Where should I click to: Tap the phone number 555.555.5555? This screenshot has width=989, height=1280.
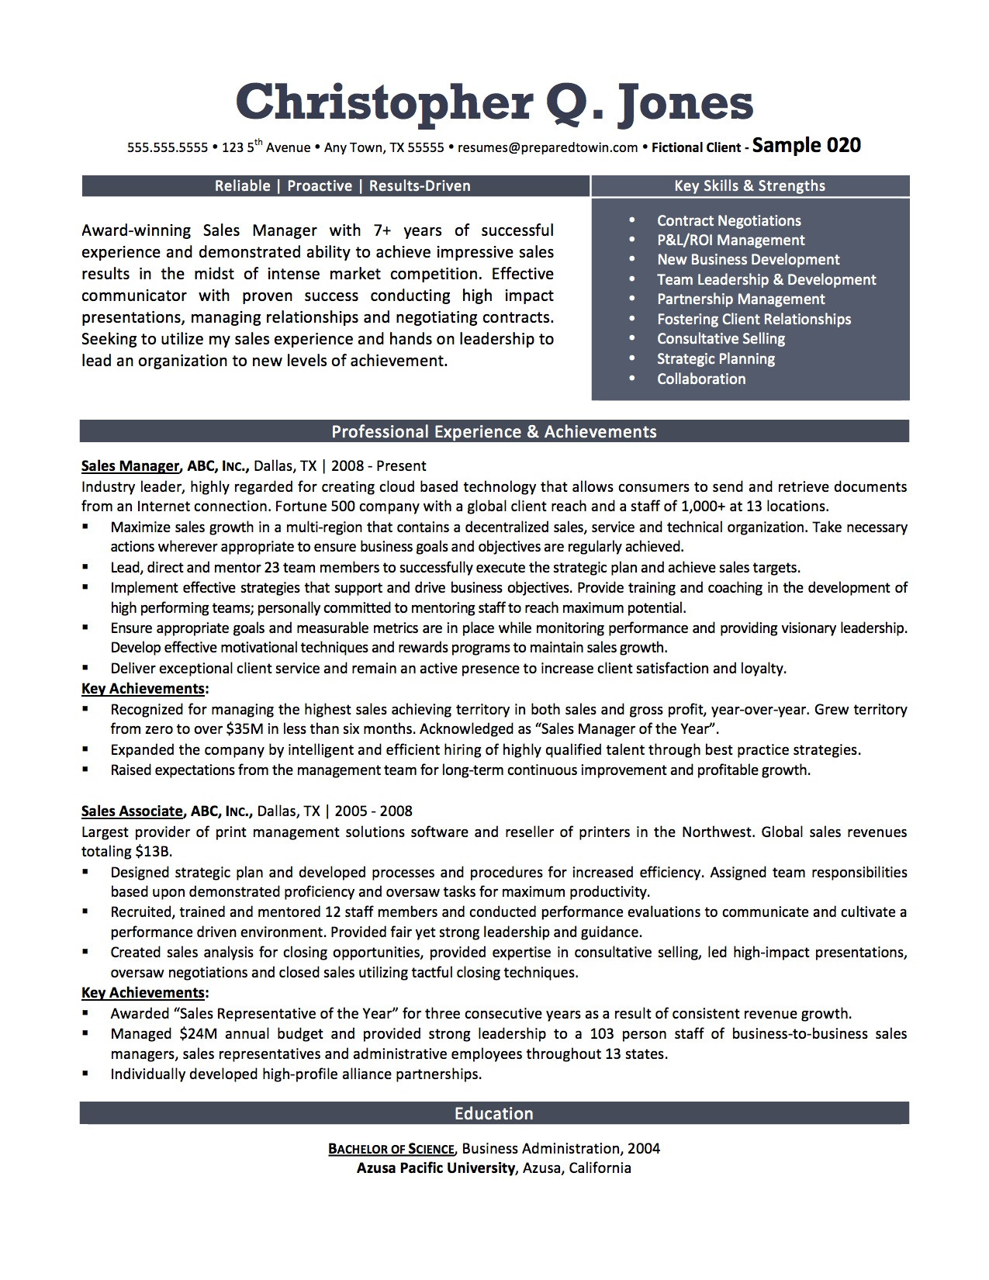(168, 147)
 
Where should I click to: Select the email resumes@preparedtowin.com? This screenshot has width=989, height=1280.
(548, 147)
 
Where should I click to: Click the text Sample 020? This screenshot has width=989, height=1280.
(807, 145)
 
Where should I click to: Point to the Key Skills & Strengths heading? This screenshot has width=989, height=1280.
(749, 185)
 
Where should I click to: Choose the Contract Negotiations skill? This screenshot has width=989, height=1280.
(728, 221)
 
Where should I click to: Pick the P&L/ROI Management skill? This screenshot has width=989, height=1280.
(731, 240)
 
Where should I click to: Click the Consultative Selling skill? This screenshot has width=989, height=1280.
(721, 339)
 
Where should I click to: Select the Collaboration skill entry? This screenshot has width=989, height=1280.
(701, 379)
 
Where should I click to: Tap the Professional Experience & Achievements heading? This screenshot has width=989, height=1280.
(494, 432)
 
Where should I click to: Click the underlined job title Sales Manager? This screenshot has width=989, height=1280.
(130, 466)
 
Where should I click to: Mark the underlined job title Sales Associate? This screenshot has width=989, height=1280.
(132, 811)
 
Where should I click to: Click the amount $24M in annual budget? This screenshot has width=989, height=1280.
(198, 1034)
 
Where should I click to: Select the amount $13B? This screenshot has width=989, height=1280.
(153, 852)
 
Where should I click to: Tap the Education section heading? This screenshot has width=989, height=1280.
(494, 1114)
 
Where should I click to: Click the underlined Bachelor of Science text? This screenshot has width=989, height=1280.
(391, 1149)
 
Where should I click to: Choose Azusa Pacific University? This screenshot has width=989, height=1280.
(436, 1168)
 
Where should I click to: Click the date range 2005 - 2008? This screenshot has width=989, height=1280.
(374, 811)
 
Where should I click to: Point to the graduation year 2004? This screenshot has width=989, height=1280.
(644, 1149)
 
